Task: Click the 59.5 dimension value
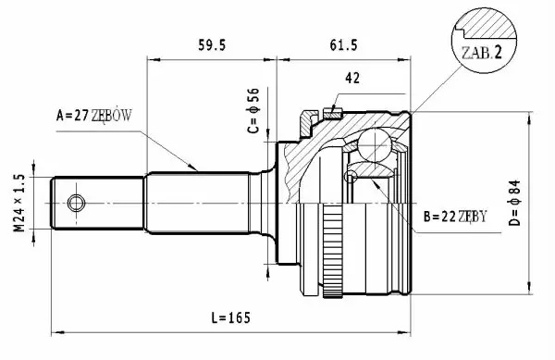tap(212, 45)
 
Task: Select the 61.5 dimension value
tap(343, 45)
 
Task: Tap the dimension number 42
tap(352, 78)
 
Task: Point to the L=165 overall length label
tap(230, 317)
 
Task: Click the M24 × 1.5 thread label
tap(19, 203)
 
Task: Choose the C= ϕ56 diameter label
tap(253, 111)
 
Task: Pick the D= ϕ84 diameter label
tap(514, 203)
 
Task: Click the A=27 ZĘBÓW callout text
tap(93, 116)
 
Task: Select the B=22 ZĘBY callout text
tap(455, 217)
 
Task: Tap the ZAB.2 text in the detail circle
tap(482, 53)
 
